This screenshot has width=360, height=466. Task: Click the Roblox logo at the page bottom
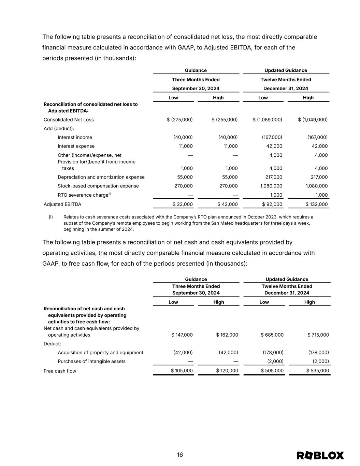pos(320,455)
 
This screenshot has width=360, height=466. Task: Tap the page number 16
pos(180,455)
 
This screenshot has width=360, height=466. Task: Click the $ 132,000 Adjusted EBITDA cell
pos(317,204)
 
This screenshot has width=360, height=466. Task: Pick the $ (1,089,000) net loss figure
pos(267,119)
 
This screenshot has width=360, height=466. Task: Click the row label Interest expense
pos(76,146)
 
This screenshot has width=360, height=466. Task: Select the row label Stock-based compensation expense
pos(98,186)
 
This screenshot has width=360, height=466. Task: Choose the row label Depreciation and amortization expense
pos(101,177)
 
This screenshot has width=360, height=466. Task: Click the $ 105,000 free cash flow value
pos(182,370)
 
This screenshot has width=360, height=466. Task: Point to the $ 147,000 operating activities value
pos(182,335)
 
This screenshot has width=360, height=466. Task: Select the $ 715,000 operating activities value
pos(318,335)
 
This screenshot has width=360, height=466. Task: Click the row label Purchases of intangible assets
pos(91,361)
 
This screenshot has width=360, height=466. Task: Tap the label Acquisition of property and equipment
pos(100,352)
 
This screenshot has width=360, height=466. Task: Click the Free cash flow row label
pos(60,371)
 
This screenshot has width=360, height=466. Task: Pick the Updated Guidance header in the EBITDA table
pos(286,70)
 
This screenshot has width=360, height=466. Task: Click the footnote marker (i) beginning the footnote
pos(51,217)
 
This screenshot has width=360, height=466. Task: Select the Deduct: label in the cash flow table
pos(52,344)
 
